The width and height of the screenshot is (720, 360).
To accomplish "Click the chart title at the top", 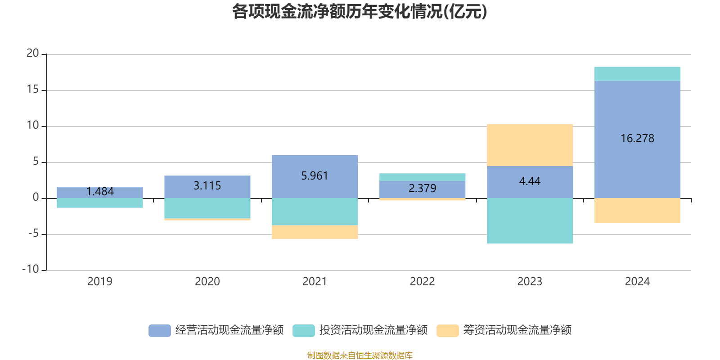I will click(x=360, y=12).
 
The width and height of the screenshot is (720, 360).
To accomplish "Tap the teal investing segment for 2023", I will click(x=530, y=221).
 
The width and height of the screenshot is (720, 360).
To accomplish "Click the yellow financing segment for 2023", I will click(x=530, y=145).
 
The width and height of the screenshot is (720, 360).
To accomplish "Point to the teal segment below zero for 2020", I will click(x=207, y=208).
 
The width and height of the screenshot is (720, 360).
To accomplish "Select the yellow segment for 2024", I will click(x=637, y=211).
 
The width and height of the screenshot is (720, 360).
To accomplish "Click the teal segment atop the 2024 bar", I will click(x=637, y=74).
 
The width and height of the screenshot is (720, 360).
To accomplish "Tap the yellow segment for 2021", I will click(x=315, y=232).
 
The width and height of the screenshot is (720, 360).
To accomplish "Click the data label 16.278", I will click(x=637, y=139).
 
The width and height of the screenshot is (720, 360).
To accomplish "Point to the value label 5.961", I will click(x=315, y=176).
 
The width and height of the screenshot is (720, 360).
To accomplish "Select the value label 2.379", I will click(x=422, y=188).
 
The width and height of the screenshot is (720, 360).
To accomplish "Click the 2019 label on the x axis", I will click(x=99, y=282).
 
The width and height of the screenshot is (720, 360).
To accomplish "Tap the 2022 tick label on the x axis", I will click(x=422, y=282).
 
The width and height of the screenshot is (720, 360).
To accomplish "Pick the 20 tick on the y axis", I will click(x=33, y=54).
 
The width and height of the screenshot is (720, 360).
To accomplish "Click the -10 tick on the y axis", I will click(x=31, y=270).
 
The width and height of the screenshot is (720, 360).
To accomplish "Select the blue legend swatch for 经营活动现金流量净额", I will click(x=160, y=330).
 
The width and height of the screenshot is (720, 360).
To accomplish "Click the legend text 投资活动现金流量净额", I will click(x=373, y=330).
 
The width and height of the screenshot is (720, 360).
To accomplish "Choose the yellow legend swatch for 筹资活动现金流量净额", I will click(x=447, y=330).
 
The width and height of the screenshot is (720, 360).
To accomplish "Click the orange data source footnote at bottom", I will click(x=360, y=355).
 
